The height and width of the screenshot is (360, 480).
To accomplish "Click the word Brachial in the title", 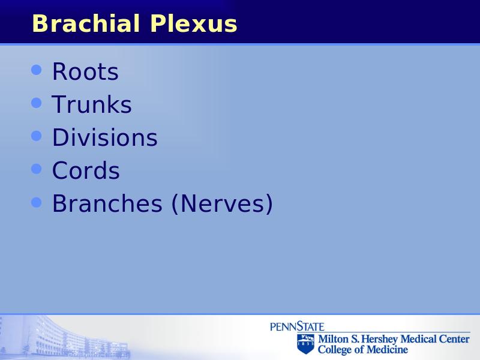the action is pyautogui.click(x=86, y=23).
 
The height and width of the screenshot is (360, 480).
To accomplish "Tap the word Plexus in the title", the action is pyautogui.click(x=194, y=23).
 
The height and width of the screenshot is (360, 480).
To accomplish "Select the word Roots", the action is pyautogui.click(x=85, y=71).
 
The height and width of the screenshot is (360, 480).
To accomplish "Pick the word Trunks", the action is pyautogui.click(x=92, y=104).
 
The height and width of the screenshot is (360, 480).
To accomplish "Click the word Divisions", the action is pyautogui.click(x=105, y=137).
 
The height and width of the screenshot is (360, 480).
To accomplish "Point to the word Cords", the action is pyautogui.click(x=86, y=170).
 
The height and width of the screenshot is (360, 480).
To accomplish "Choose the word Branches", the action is pyautogui.click(x=107, y=203).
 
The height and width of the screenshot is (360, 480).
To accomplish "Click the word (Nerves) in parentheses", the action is pyautogui.click(x=222, y=204).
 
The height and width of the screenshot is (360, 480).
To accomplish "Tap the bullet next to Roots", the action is pyautogui.click(x=37, y=70).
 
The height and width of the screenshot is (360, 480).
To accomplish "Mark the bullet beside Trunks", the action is pyautogui.click(x=37, y=103).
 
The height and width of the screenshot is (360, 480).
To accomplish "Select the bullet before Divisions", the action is pyautogui.click(x=37, y=136).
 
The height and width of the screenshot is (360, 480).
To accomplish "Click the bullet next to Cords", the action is pyautogui.click(x=37, y=169).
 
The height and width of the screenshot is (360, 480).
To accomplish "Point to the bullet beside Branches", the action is pyautogui.click(x=37, y=202).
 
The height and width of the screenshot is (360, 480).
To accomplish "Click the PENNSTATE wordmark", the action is pyautogui.click(x=297, y=326).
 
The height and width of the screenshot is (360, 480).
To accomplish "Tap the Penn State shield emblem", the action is pyautogui.click(x=305, y=344).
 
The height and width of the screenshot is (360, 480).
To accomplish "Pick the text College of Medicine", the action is pyautogui.click(x=363, y=349).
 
